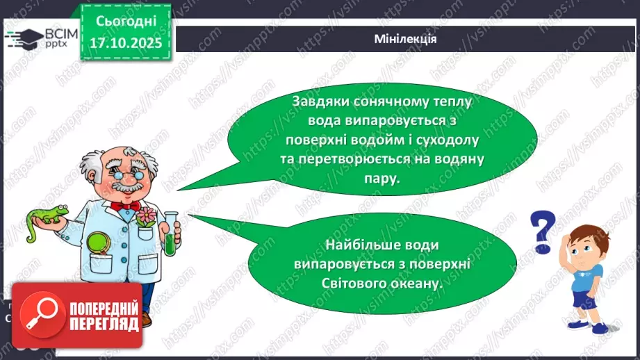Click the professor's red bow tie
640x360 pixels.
point(126,206)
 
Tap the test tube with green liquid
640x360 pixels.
point(168,233)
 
